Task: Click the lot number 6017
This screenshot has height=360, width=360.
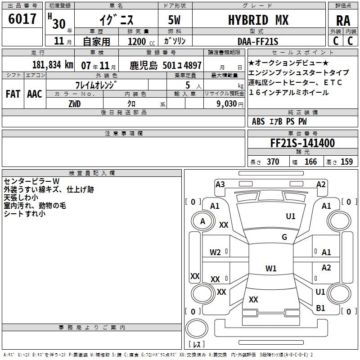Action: coord(22,19)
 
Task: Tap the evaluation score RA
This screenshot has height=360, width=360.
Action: coord(343,21)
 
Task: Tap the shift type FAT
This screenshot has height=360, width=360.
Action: coord(13,94)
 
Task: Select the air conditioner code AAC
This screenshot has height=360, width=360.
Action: coord(34,94)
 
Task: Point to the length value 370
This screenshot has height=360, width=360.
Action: coord(273,162)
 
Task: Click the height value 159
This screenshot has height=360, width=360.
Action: coord(346,162)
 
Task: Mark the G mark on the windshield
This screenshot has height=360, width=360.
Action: coord(284,237)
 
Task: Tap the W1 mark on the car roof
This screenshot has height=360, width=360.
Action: coord(271,269)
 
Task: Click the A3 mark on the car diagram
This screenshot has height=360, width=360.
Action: coord(220,184)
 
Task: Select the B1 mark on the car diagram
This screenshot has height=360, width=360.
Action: coord(320,308)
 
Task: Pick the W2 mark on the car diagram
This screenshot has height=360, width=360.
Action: coord(215,252)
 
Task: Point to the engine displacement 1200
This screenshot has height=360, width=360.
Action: coord(137,41)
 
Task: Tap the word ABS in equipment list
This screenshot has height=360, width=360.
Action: coord(258,121)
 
